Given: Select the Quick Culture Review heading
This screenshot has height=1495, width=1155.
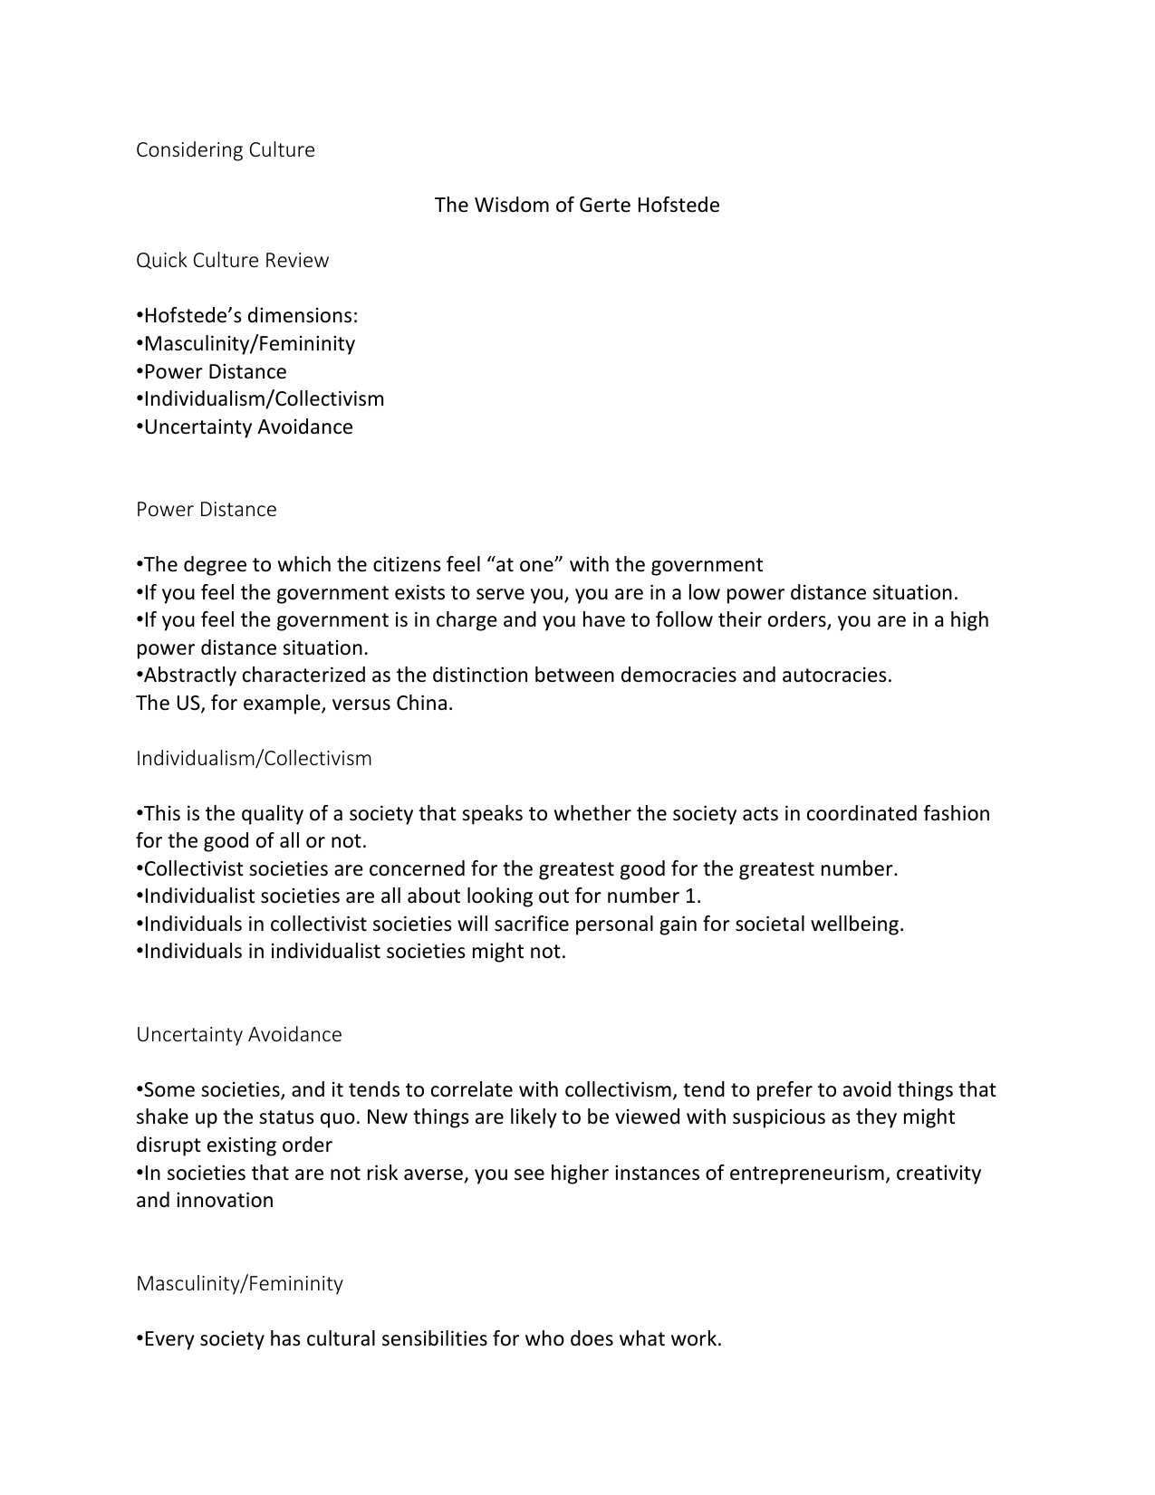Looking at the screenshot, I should pos(232,261).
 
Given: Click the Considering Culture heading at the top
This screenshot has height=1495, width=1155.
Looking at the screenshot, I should pos(225,150).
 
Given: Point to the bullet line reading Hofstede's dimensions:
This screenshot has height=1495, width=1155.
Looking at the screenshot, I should pos(247,316).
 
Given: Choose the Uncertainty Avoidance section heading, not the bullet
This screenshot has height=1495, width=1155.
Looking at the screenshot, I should pos(239,1035).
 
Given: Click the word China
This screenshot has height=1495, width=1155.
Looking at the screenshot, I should pos(423,704).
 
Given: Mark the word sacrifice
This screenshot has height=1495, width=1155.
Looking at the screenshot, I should pos(531,925).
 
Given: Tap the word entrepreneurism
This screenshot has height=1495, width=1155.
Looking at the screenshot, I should pos(808,1174).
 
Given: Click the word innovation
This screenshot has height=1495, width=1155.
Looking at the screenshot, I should pos(224,1201).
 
